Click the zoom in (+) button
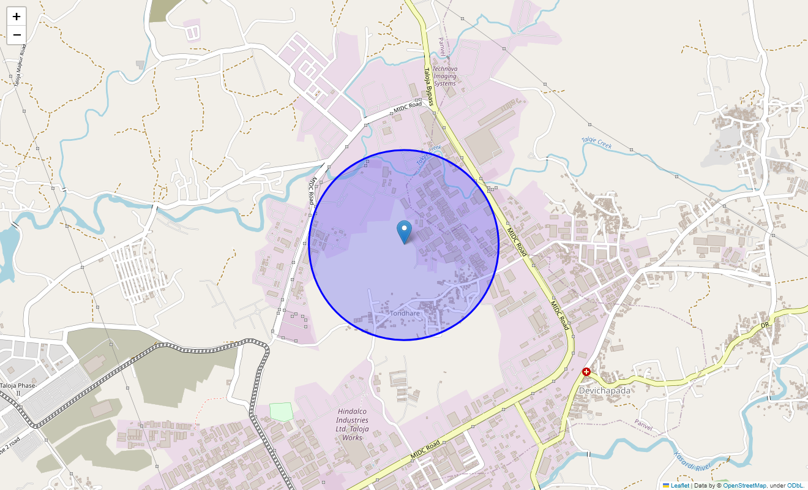tap(17, 17)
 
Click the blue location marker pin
tap(404, 232)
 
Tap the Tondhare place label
tap(405, 314)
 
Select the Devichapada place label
tap(604, 390)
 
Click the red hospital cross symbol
tap(586, 372)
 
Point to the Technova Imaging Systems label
tap(444, 76)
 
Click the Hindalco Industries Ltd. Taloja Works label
tap(353, 424)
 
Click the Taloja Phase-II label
tap(18, 389)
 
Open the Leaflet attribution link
tap(679, 485)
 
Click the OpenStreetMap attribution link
tap(744, 485)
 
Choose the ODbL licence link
tap(795, 485)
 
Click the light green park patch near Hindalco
tap(281, 412)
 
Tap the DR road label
tap(765, 323)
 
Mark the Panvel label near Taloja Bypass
tap(442, 47)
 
